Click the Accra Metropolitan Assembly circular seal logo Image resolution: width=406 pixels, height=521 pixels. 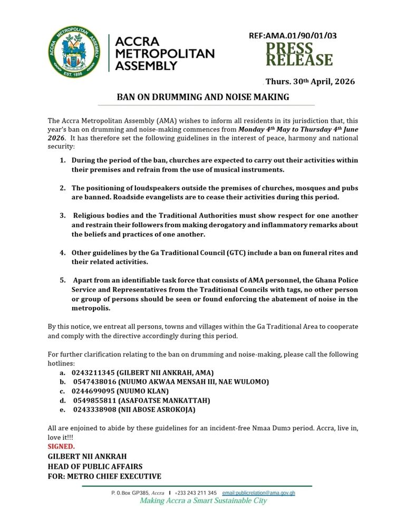[75, 52]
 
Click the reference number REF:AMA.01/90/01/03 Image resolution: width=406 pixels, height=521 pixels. [293, 36]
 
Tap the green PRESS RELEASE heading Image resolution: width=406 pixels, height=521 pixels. [299, 54]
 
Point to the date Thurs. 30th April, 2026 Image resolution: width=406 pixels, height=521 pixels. [310, 82]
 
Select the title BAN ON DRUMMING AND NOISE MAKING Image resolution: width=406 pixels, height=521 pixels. [203, 97]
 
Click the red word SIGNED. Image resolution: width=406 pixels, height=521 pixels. [61, 447]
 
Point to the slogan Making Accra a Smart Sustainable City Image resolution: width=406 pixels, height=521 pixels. [203, 500]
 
